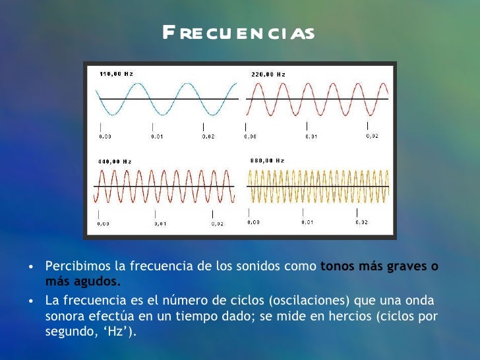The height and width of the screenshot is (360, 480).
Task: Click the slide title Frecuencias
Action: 239,32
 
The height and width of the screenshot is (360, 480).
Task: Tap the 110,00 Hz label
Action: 116,74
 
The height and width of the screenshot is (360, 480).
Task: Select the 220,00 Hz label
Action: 268,75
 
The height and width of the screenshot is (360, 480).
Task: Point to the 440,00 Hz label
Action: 115,162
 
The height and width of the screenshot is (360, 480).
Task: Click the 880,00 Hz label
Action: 267,160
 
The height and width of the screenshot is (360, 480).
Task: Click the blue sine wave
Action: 166,98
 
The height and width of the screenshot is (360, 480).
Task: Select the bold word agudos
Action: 101,282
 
